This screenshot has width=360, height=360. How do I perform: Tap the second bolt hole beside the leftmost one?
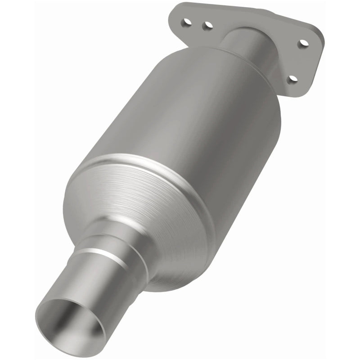(207, 27)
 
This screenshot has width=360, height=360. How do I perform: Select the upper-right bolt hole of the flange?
(304, 44)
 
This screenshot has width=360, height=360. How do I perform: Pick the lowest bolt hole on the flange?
(293, 79)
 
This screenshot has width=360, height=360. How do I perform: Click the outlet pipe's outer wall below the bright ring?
(103, 288)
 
